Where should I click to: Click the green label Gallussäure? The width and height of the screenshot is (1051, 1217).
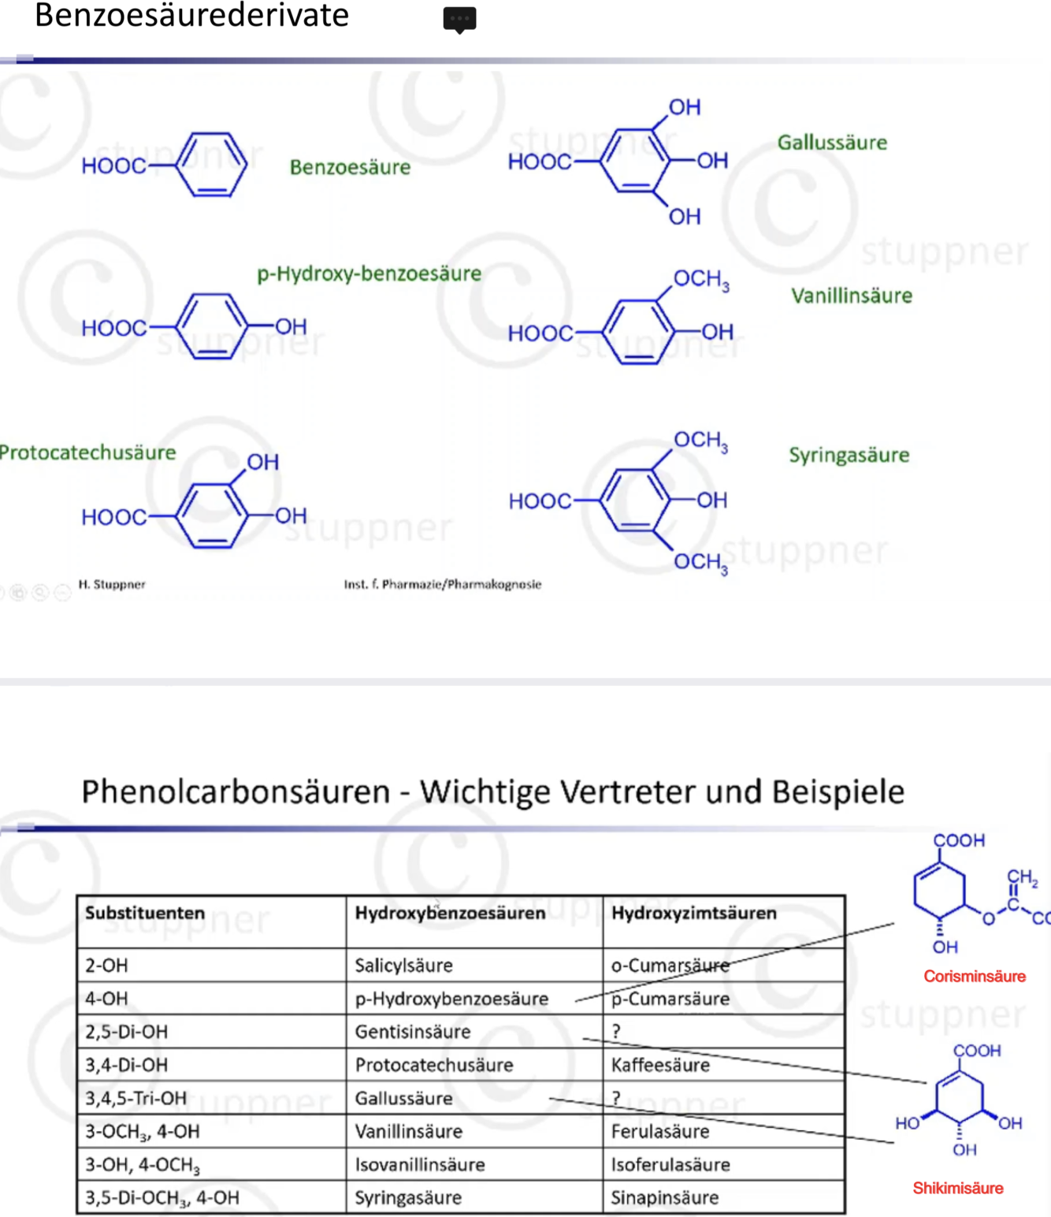[x=832, y=143]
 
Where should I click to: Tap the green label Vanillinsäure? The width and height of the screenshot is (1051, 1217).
[x=852, y=296]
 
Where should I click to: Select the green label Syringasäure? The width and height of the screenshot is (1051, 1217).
[x=849, y=455]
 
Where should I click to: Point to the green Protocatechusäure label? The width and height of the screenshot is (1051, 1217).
[x=87, y=452]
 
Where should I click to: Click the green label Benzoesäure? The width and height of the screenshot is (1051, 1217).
[x=350, y=167]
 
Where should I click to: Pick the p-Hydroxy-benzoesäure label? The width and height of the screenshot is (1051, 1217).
[x=369, y=274]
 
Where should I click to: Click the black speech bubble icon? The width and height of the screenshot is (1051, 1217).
[x=459, y=19]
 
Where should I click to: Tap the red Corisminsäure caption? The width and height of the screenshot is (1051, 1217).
[x=975, y=976]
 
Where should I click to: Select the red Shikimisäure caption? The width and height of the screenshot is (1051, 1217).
[x=958, y=1188]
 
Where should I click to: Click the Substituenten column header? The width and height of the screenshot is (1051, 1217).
[x=145, y=913]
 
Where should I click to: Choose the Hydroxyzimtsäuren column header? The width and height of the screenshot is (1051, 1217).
[x=693, y=913]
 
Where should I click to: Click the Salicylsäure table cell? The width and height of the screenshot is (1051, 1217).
[x=403, y=966]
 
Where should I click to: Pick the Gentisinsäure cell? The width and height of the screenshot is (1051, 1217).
[x=412, y=1032]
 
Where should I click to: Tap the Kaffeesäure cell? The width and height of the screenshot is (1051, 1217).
[x=660, y=1065]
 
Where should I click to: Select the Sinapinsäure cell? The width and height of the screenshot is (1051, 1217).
[x=665, y=1197]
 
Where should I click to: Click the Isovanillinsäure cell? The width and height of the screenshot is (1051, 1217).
[x=419, y=1164]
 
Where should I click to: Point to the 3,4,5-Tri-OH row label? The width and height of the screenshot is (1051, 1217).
[x=136, y=1098]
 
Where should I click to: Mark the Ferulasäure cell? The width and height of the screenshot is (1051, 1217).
[x=660, y=1131]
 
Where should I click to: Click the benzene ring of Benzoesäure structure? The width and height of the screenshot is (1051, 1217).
[x=211, y=165]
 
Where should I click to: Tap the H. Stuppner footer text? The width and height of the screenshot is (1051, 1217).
[x=112, y=584]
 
